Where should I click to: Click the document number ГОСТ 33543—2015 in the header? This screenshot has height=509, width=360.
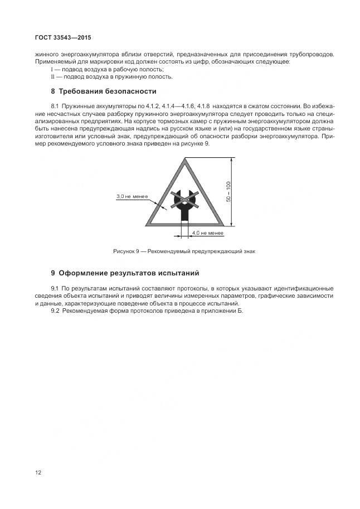tap(62, 37)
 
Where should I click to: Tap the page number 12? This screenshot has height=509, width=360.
tap(38, 472)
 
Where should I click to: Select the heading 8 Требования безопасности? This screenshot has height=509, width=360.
tap(104, 91)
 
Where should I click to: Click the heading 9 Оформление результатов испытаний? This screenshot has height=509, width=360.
tap(125, 273)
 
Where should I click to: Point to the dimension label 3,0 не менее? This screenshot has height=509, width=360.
tap(132, 196)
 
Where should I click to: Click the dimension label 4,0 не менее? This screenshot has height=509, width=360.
tap(207, 232)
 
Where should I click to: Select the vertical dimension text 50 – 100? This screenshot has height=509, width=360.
tap(228, 192)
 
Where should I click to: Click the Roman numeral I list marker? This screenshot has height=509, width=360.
tap(52, 69)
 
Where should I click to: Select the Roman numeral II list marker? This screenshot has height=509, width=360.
tap(52, 76)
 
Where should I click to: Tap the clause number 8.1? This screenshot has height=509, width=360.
tap(55, 105)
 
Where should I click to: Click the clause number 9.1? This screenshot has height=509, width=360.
tap(55, 288)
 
